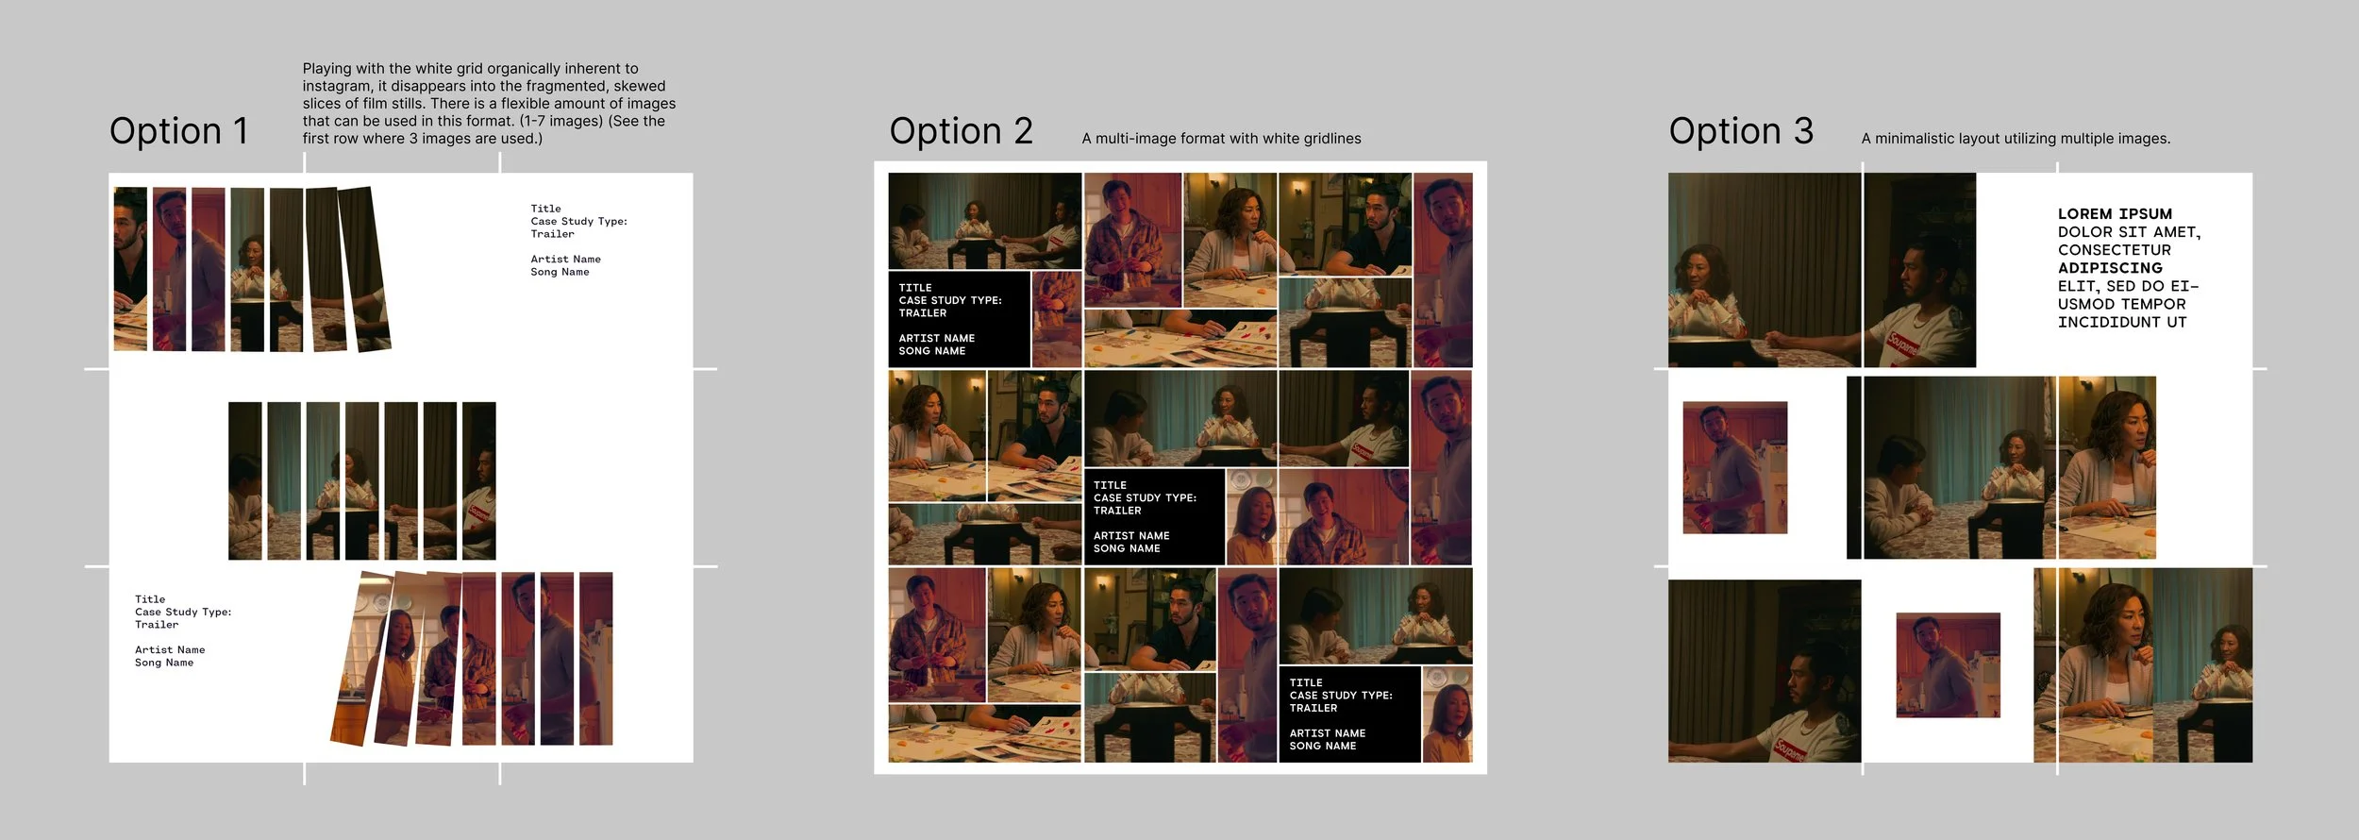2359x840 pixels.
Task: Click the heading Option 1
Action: (178, 131)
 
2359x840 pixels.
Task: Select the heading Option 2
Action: (961, 131)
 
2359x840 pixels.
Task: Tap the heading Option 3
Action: (1741, 131)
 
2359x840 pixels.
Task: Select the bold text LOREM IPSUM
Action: (2115, 214)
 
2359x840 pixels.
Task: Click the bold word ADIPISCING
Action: (2110, 268)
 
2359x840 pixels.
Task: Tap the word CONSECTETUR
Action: (2115, 250)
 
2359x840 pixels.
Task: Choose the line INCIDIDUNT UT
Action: (2122, 322)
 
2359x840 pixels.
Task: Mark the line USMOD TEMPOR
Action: (2122, 304)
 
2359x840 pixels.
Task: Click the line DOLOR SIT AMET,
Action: (2129, 232)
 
